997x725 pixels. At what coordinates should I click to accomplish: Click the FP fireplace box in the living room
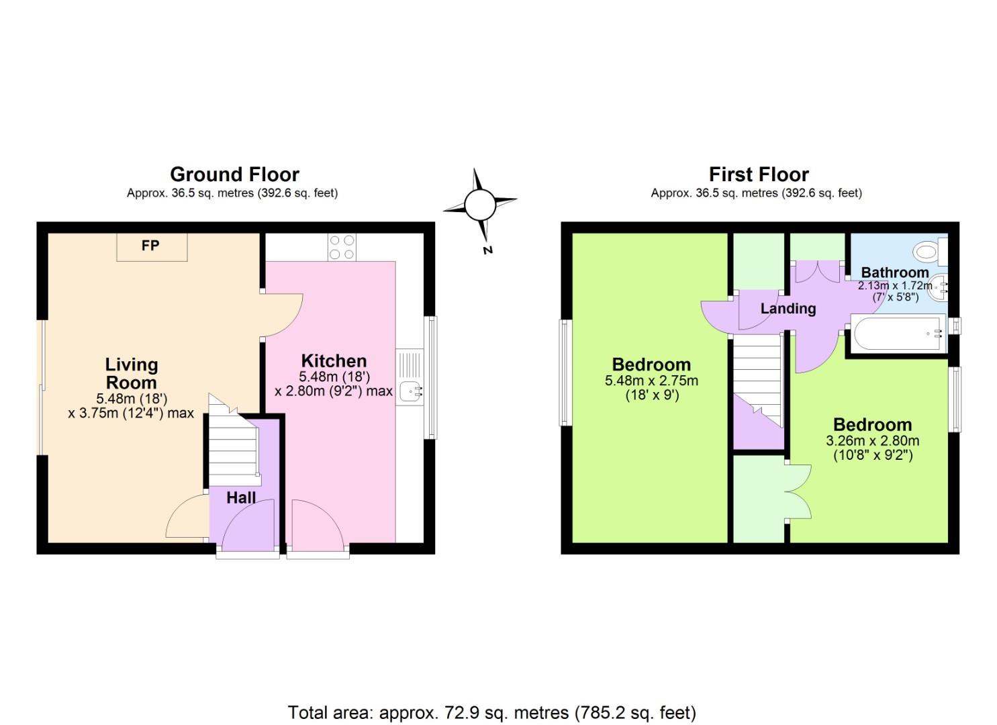(151, 246)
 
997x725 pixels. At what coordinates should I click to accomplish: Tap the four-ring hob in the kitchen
(342, 247)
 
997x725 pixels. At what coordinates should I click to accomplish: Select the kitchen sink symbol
(410, 389)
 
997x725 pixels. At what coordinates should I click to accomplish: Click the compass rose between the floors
(479, 204)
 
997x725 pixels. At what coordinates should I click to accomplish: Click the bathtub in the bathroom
(897, 334)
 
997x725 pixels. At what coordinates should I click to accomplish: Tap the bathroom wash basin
(941, 287)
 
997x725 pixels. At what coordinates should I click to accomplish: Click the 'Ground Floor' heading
(234, 175)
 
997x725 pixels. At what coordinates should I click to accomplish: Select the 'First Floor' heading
(759, 175)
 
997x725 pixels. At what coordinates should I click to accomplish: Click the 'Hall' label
(241, 497)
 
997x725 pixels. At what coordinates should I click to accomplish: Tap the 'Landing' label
(788, 309)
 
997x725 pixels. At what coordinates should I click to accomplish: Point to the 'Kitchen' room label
(334, 360)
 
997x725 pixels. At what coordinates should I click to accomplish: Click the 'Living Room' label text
(132, 373)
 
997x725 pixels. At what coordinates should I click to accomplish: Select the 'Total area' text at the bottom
(491, 712)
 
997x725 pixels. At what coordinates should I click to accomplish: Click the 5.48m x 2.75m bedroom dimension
(651, 381)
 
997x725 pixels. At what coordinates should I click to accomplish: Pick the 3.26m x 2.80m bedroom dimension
(872, 441)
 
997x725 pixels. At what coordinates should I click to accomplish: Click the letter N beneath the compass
(488, 250)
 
